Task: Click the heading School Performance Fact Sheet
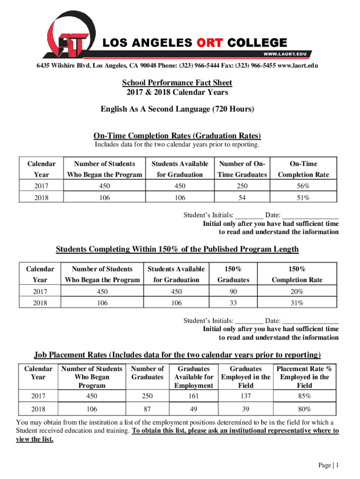[x=177, y=83]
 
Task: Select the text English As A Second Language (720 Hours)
[x=177, y=109]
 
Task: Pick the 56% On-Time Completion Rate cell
[x=303, y=186]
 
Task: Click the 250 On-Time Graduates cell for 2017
[x=242, y=186]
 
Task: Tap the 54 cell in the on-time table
[x=242, y=198]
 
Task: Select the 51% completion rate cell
[x=303, y=198]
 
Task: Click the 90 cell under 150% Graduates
[x=233, y=291]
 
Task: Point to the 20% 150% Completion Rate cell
[x=297, y=291]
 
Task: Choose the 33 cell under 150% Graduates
[x=233, y=303]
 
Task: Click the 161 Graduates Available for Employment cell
[x=194, y=396]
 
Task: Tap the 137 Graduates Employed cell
[x=245, y=396]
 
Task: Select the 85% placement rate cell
[x=304, y=396]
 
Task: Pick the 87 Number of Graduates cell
[x=147, y=409]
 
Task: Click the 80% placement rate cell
[x=304, y=409]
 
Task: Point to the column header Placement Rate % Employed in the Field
[x=304, y=377]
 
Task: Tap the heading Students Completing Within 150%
[x=177, y=249]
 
